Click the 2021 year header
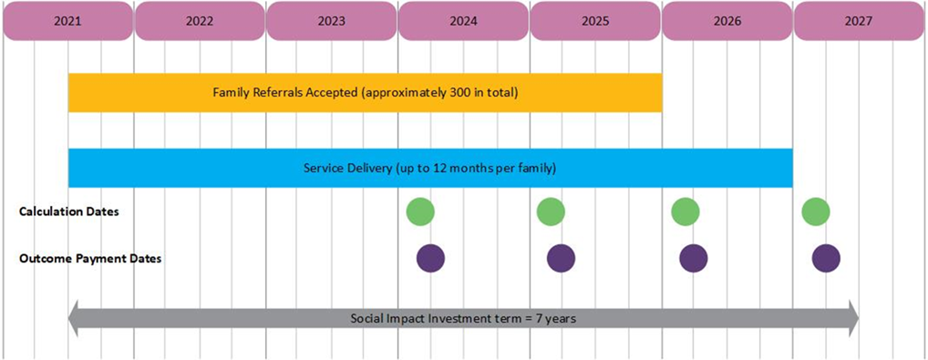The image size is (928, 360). pyautogui.click(x=67, y=20)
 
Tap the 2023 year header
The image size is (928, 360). pyautogui.click(x=331, y=20)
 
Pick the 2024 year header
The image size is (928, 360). pyautogui.click(x=463, y=20)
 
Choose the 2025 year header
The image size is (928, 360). pyautogui.click(x=594, y=20)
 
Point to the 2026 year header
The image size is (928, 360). pyautogui.click(x=727, y=20)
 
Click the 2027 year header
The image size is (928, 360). pyautogui.click(x=859, y=20)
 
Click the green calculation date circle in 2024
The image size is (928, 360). pyautogui.click(x=420, y=211)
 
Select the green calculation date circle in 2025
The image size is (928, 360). pyautogui.click(x=551, y=211)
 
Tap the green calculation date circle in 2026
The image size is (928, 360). pyautogui.click(x=685, y=211)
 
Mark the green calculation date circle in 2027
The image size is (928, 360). pyautogui.click(x=815, y=211)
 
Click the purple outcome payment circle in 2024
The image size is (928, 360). pyautogui.click(x=430, y=258)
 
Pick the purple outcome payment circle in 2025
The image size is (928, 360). pyautogui.click(x=561, y=258)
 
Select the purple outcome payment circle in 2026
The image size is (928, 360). pyautogui.click(x=694, y=258)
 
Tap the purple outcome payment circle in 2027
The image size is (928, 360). pyautogui.click(x=826, y=258)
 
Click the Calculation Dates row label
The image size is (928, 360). pyautogui.click(x=68, y=211)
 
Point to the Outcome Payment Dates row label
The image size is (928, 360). pyautogui.click(x=90, y=258)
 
